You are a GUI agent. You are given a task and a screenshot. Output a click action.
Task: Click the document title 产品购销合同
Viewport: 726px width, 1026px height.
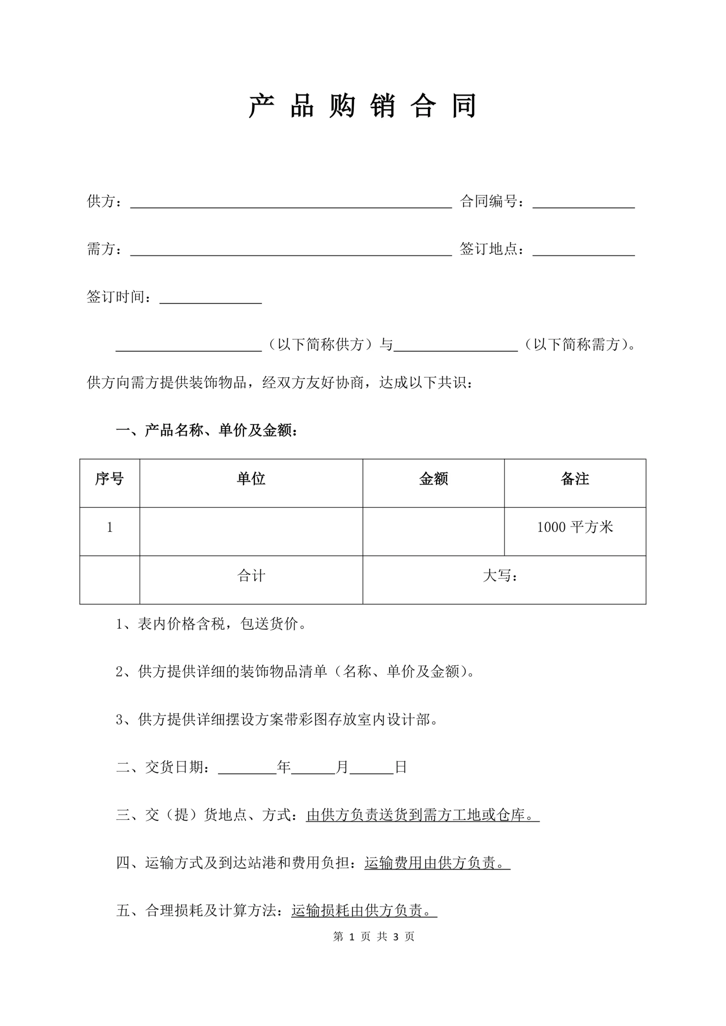(363, 106)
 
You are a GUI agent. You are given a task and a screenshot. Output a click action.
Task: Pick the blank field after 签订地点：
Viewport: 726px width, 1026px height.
(583, 250)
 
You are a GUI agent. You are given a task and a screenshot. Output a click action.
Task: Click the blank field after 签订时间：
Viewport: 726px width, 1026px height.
(211, 298)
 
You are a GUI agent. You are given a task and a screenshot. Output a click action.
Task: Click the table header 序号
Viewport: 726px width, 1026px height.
(110, 479)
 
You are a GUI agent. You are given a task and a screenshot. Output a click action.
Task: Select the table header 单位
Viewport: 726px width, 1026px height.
(251, 479)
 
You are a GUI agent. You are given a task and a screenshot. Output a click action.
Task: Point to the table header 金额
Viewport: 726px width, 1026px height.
(433, 479)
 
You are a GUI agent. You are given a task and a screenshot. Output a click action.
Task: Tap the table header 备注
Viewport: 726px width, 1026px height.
(575, 479)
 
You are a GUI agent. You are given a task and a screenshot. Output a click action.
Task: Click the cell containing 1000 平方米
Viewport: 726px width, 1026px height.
(575, 528)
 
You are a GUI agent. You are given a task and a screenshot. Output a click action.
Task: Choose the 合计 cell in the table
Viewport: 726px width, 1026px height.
(251, 576)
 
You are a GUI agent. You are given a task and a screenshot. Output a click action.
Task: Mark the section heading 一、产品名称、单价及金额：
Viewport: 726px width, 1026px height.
(207, 430)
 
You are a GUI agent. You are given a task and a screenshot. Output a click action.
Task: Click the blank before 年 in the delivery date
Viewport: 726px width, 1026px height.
(247, 767)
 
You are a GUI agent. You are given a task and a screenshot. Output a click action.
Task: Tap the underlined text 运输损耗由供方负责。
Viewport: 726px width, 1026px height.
(364, 910)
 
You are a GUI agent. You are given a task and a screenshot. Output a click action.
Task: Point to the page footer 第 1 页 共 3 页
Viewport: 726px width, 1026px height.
(374, 937)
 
